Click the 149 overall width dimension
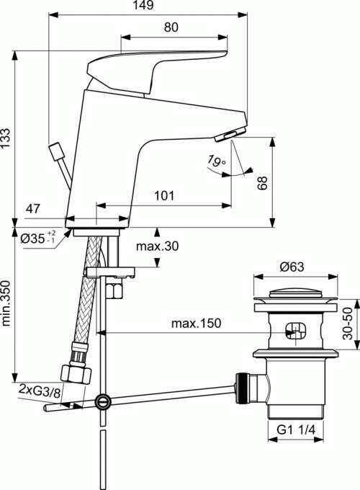point(145,5)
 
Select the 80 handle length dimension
point(171,27)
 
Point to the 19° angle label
point(216,161)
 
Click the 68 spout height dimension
point(262,183)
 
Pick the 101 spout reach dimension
point(164,196)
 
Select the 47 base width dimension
point(33,208)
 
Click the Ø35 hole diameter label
point(37,238)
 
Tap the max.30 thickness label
point(157,246)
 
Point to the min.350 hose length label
point(6,303)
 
